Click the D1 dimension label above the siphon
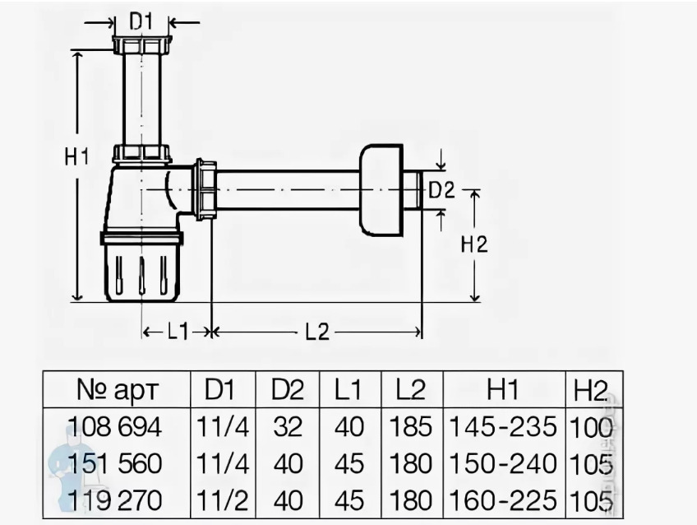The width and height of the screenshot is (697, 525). [x=141, y=21]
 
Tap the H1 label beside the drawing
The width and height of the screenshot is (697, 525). [x=77, y=156]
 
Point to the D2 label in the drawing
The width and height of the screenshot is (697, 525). [x=441, y=190]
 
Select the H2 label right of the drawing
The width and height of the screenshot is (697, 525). [x=474, y=244]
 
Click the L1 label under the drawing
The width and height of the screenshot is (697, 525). [x=178, y=332]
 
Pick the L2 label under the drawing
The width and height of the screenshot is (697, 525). [x=317, y=332]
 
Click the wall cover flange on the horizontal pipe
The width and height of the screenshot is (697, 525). [x=381, y=189]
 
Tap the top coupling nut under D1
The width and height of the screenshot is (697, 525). [x=142, y=45]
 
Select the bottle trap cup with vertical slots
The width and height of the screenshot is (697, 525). [x=142, y=266]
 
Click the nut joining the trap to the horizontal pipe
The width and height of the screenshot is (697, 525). [x=205, y=189]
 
